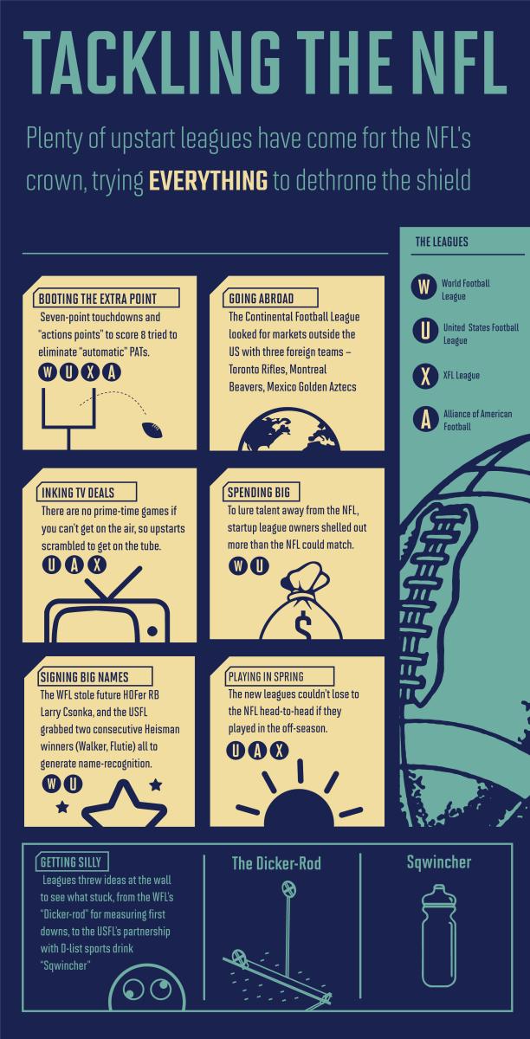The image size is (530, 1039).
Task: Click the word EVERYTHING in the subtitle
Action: point(208,181)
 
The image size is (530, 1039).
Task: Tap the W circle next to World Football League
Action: point(423,287)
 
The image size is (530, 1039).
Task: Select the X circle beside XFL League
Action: point(425,376)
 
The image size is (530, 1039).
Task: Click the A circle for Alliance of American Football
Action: point(425,419)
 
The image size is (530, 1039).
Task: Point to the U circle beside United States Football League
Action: point(424,330)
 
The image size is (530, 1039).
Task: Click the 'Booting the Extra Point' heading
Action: point(98,299)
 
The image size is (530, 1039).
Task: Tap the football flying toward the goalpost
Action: point(152,430)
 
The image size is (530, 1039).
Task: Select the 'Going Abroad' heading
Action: point(262,298)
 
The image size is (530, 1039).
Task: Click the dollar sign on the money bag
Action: point(303,624)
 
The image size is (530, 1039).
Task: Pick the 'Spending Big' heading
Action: point(258,492)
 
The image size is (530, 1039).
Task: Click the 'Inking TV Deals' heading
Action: point(78,493)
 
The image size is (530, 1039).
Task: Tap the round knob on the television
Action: point(152,630)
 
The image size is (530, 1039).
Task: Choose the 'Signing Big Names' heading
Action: point(85,677)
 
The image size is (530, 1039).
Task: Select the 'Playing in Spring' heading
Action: point(266,677)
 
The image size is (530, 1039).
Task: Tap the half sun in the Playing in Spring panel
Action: point(300,807)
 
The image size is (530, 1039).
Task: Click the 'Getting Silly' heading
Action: point(71,862)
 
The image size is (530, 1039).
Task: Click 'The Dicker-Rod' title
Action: point(276,863)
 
